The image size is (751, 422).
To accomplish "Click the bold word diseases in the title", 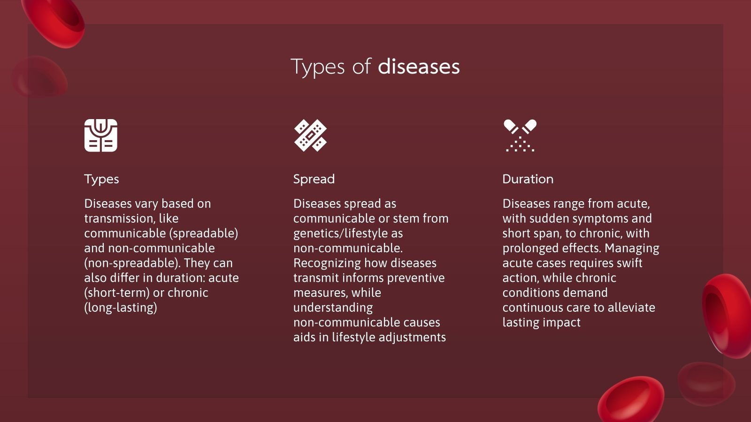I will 419,67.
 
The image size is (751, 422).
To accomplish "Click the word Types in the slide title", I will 318,67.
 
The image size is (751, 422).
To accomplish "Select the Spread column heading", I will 314,179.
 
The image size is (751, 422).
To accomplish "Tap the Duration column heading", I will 528,179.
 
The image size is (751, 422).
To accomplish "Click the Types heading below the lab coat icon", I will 101,179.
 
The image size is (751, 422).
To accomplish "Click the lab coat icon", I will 101,136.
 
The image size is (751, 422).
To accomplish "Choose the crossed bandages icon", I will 310,136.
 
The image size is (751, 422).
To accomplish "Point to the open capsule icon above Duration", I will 520,136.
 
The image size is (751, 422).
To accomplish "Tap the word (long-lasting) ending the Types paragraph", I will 121,308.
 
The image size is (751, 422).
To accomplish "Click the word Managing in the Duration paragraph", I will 632,249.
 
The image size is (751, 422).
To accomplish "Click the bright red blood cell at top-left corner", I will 54,21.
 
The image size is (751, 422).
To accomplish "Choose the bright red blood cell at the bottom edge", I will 630,399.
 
